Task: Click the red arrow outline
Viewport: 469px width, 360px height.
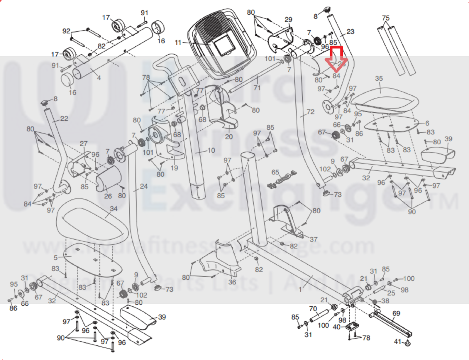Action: [336, 59]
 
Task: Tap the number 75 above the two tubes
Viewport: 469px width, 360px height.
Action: [386, 18]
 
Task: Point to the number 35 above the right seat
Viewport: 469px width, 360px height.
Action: [379, 78]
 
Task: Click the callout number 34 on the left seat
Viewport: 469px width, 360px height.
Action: [114, 209]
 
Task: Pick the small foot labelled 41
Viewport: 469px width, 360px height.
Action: [407, 343]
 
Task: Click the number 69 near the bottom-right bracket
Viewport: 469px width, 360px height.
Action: [396, 313]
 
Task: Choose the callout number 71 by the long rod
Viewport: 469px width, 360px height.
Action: [257, 88]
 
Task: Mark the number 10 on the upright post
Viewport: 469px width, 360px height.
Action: [211, 151]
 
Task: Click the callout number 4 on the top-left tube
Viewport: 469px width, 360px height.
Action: [99, 78]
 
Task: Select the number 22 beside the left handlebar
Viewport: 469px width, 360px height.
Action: [64, 119]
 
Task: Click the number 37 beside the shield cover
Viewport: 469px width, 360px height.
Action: [314, 239]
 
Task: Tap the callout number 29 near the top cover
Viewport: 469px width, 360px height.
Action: [288, 20]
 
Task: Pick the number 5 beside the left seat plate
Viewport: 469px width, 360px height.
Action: [56, 258]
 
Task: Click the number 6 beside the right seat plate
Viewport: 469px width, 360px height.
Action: [427, 123]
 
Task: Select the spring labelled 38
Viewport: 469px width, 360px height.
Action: [375, 302]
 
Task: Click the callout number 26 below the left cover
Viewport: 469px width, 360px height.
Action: [108, 196]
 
